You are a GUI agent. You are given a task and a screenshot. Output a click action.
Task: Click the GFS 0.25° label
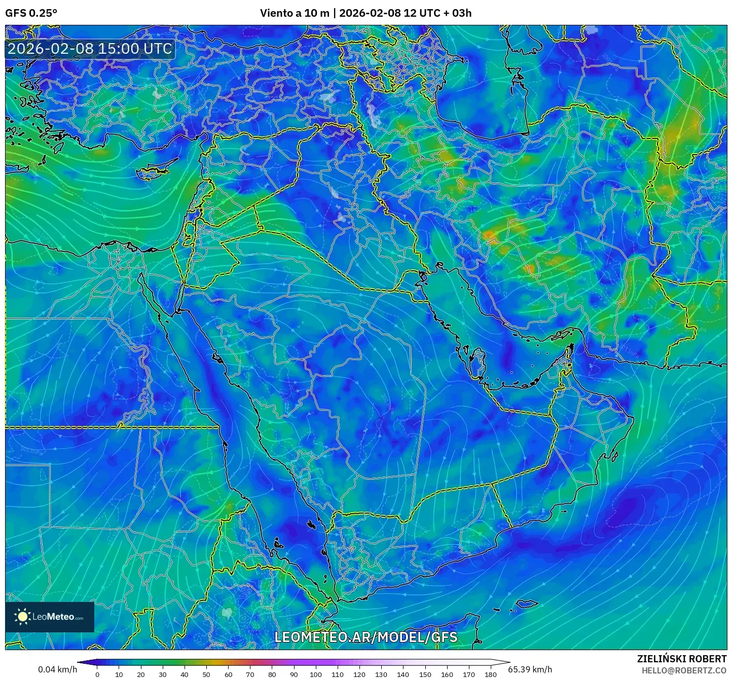pyautogui.click(x=31, y=13)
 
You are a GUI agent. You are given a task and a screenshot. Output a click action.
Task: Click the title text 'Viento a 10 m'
pyautogui.click(x=295, y=13)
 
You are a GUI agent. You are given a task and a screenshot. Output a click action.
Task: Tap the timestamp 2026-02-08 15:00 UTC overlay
pyautogui.click(x=90, y=49)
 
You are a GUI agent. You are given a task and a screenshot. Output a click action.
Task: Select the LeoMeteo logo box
pyautogui.click(x=50, y=617)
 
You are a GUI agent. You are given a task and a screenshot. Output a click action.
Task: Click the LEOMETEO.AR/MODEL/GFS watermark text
pyautogui.click(x=365, y=637)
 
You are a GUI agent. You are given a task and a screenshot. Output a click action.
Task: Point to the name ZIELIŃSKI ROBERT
pyautogui.click(x=682, y=659)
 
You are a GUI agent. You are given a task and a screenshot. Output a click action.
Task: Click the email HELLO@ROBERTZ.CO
pyautogui.click(x=684, y=670)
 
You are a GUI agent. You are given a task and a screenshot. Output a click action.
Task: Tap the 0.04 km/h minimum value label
pyautogui.click(x=57, y=669)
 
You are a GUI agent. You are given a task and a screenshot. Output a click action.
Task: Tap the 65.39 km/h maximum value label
pyautogui.click(x=530, y=669)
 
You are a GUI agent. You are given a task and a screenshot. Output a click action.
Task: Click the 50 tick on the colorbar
pyautogui.click(x=206, y=674)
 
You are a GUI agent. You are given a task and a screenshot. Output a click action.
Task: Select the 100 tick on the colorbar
pyautogui.click(x=316, y=674)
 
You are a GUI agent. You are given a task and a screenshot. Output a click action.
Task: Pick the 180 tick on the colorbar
pyautogui.click(x=490, y=674)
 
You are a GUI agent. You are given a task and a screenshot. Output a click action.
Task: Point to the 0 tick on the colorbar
pyautogui.click(x=97, y=674)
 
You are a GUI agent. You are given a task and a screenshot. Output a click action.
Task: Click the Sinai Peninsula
pyautogui.click(x=159, y=284)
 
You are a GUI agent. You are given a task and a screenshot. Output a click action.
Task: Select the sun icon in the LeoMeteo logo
pyautogui.click(x=22, y=617)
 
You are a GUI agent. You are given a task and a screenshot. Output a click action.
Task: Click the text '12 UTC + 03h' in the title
pyautogui.click(x=430, y=13)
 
